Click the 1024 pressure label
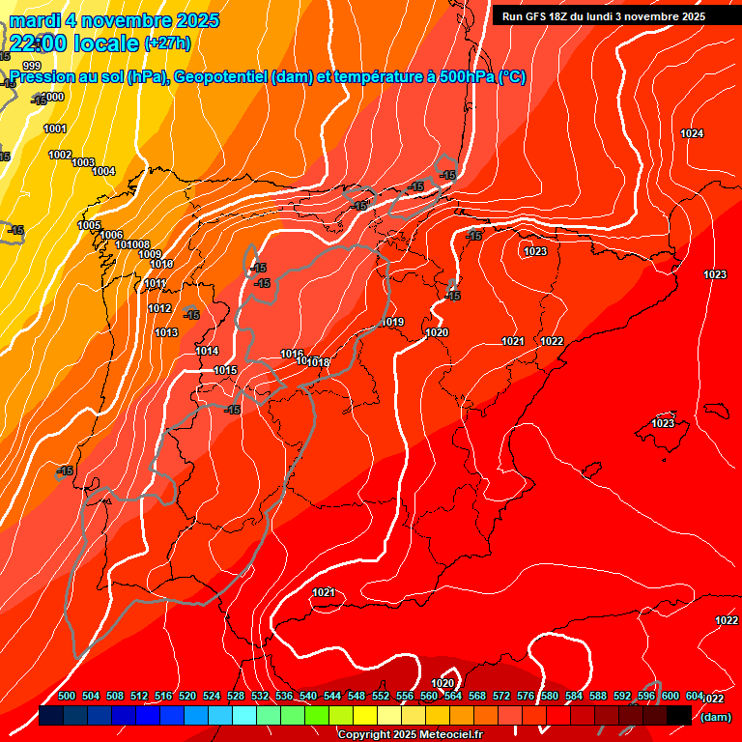[x=692, y=133]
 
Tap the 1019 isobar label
[x=392, y=322]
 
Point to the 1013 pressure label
[x=166, y=332]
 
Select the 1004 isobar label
[x=103, y=171]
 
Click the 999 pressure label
[x=32, y=66]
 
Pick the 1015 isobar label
[x=225, y=370]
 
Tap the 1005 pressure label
[x=89, y=225]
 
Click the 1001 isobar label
[x=55, y=128]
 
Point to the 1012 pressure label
[x=159, y=308]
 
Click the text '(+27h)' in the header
[x=167, y=43]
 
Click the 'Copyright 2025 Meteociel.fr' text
[x=410, y=734]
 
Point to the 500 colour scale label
[x=67, y=696]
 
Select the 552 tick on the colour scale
[x=381, y=696]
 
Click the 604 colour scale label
[x=694, y=696]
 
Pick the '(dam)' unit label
[x=715, y=717]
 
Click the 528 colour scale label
[x=236, y=696]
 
